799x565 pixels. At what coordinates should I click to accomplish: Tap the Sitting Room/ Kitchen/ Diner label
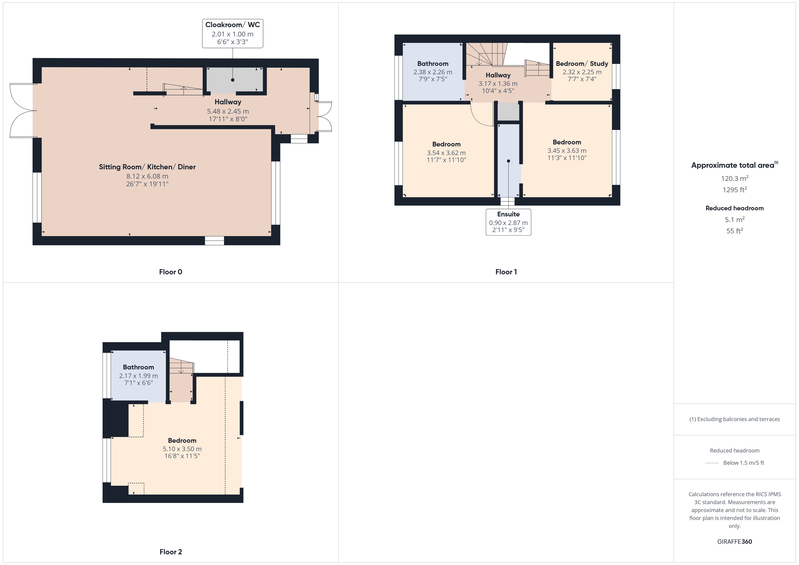tap(147, 167)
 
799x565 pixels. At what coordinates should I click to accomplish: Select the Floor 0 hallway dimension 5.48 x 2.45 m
tap(228, 111)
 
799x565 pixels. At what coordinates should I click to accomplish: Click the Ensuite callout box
tap(508, 222)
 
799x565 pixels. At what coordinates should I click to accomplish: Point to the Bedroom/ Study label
tap(582, 64)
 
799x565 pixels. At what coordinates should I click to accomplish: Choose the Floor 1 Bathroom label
tap(433, 64)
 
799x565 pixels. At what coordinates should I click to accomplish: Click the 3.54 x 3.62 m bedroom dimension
tap(446, 153)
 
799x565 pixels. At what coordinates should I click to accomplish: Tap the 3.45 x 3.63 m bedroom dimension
tap(567, 151)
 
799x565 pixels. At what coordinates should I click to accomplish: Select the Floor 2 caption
tap(171, 552)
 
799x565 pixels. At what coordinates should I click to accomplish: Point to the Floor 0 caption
tap(171, 272)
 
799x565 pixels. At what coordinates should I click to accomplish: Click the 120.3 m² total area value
tap(735, 178)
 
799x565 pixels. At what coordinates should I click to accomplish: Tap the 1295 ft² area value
tap(735, 190)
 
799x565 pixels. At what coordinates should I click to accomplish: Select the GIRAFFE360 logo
tap(735, 542)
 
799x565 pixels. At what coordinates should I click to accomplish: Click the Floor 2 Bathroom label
tap(139, 367)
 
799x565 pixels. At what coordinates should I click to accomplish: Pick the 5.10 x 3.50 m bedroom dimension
tap(182, 449)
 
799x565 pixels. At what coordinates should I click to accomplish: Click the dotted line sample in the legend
tap(712, 463)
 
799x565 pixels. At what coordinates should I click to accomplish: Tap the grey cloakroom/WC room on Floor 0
tap(235, 80)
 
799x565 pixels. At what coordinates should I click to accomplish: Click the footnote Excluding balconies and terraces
tap(735, 419)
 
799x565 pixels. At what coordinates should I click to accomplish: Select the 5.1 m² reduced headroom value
tap(735, 220)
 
